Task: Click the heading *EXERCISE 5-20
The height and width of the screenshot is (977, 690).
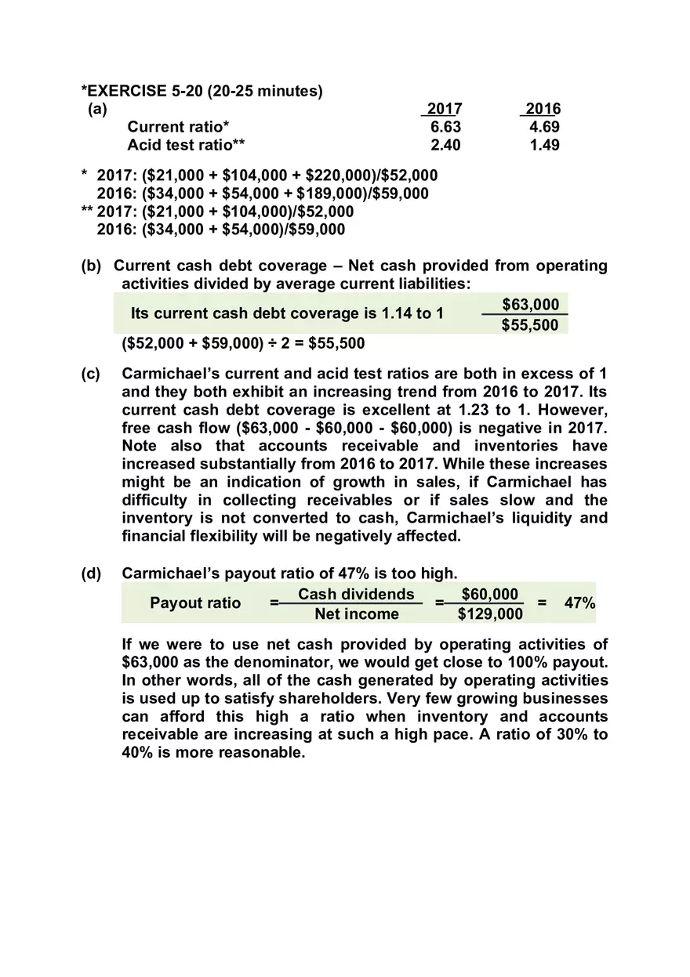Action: click(202, 91)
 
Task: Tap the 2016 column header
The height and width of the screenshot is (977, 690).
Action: click(543, 109)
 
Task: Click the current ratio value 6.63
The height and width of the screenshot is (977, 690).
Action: click(446, 127)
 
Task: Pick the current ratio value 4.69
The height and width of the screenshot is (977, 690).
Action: click(544, 127)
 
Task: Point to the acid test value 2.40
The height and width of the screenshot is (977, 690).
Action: click(446, 145)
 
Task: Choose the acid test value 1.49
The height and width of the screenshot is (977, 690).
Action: click(544, 145)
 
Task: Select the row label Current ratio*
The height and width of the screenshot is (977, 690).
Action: click(179, 127)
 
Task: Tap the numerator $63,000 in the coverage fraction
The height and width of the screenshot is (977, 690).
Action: click(531, 304)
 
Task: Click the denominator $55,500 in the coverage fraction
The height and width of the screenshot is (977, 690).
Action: click(531, 324)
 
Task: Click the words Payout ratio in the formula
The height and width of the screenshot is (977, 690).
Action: click(195, 603)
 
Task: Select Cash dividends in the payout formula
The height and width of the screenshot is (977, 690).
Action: click(356, 595)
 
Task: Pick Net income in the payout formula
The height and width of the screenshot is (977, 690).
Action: click(357, 614)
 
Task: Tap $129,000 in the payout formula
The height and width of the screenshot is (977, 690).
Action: click(490, 614)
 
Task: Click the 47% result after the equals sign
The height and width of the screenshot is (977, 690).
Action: click(579, 603)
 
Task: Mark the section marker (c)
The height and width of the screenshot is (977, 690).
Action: click(92, 374)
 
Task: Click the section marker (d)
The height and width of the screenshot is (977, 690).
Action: click(92, 574)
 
